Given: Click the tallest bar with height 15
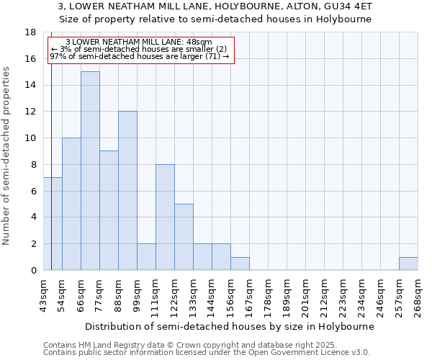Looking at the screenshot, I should tap(90, 171).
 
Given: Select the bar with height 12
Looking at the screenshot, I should tap(127, 191).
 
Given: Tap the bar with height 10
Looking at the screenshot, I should tap(71, 204).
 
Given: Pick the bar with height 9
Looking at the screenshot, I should tap(109, 210).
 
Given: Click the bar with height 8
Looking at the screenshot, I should tap(165, 217).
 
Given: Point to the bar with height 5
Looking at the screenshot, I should tap(184, 237).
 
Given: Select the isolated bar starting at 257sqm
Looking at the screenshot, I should tap(408, 264).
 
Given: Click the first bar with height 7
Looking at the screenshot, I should tap(53, 223).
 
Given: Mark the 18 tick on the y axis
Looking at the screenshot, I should tap(30, 32).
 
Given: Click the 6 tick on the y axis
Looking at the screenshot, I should tap(33, 191).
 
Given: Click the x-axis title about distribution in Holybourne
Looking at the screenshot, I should tap(230, 326).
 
